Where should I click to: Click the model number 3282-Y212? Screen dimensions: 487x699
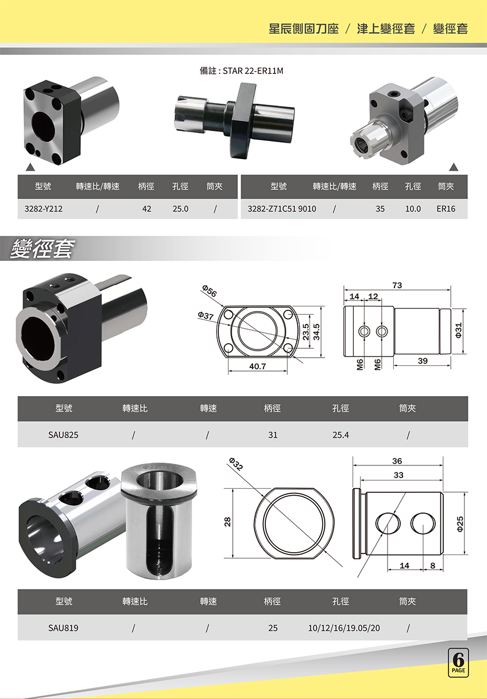coord(43,209)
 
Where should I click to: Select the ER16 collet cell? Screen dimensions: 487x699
coord(446,209)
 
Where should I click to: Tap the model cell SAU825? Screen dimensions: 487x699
coord(63,435)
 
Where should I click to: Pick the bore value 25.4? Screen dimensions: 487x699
coord(340,435)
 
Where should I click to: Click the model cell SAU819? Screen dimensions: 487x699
coord(63,627)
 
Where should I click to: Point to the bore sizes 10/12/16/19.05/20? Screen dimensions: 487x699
coord(344,627)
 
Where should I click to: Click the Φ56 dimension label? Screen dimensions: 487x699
coord(209,291)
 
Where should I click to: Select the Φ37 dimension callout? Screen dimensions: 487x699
coord(205,316)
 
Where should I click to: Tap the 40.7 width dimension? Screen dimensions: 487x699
coord(258,366)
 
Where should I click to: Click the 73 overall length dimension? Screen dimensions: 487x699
coord(397,285)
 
